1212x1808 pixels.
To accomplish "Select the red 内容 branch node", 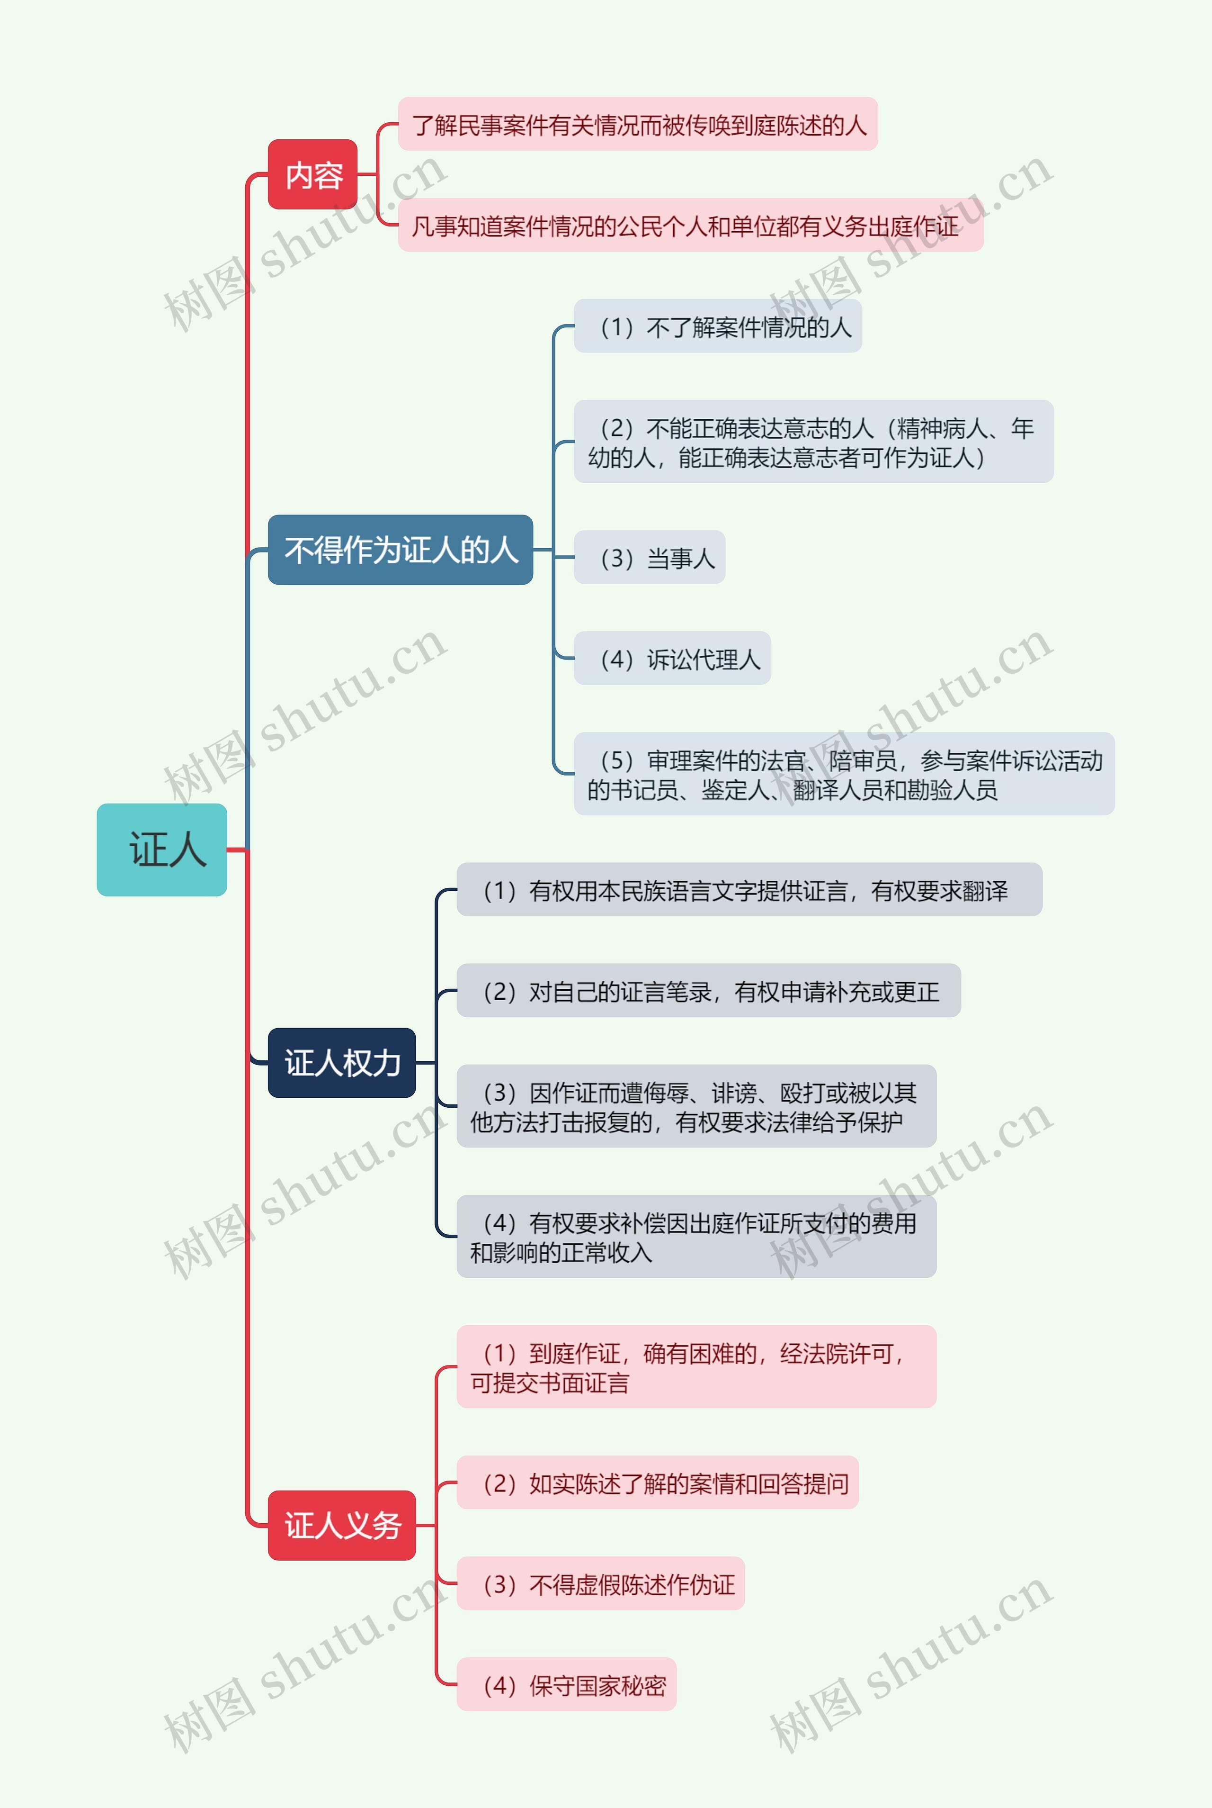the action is click(x=312, y=175).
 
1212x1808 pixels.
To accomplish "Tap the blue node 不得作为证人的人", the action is click(x=400, y=549).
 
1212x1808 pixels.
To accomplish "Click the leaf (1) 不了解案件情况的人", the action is click(x=717, y=326).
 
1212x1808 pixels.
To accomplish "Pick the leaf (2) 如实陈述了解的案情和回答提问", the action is click(x=657, y=1483).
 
